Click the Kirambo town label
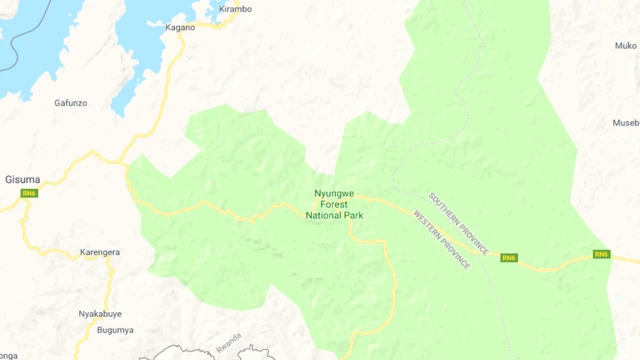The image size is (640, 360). tap(235, 9)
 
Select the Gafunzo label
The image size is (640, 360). tap(70, 103)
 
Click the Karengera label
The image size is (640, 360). tap(100, 252)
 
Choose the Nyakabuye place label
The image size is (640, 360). tap(100, 313)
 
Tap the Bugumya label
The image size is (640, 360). tap(115, 330)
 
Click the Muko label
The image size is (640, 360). tap(626, 45)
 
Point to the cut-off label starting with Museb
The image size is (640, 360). tap(626, 123)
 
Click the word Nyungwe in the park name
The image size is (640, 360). tap(334, 192)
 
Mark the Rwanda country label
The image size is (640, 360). tap(228, 338)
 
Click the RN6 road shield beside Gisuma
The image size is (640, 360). tap(29, 193)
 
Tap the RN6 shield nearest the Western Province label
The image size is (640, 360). tap(509, 258)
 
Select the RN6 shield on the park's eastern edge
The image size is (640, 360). tap(601, 254)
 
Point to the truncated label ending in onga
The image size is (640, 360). tap(8, 354)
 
